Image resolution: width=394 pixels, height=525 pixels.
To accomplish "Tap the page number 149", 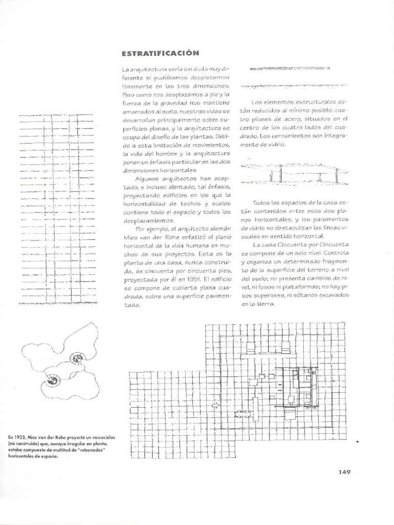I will [x=344, y=472].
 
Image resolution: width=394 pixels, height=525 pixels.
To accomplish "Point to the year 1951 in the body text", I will [x=189, y=280].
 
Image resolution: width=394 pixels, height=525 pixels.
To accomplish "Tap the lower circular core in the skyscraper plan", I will [x=53, y=380].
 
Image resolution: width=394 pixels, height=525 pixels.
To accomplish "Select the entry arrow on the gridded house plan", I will [x=216, y=405].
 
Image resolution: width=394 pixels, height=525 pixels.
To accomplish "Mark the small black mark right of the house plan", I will [x=357, y=440].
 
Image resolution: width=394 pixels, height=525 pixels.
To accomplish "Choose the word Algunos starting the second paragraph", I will [x=148, y=178].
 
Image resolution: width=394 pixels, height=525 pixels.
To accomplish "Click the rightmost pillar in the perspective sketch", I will [x=337, y=176].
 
